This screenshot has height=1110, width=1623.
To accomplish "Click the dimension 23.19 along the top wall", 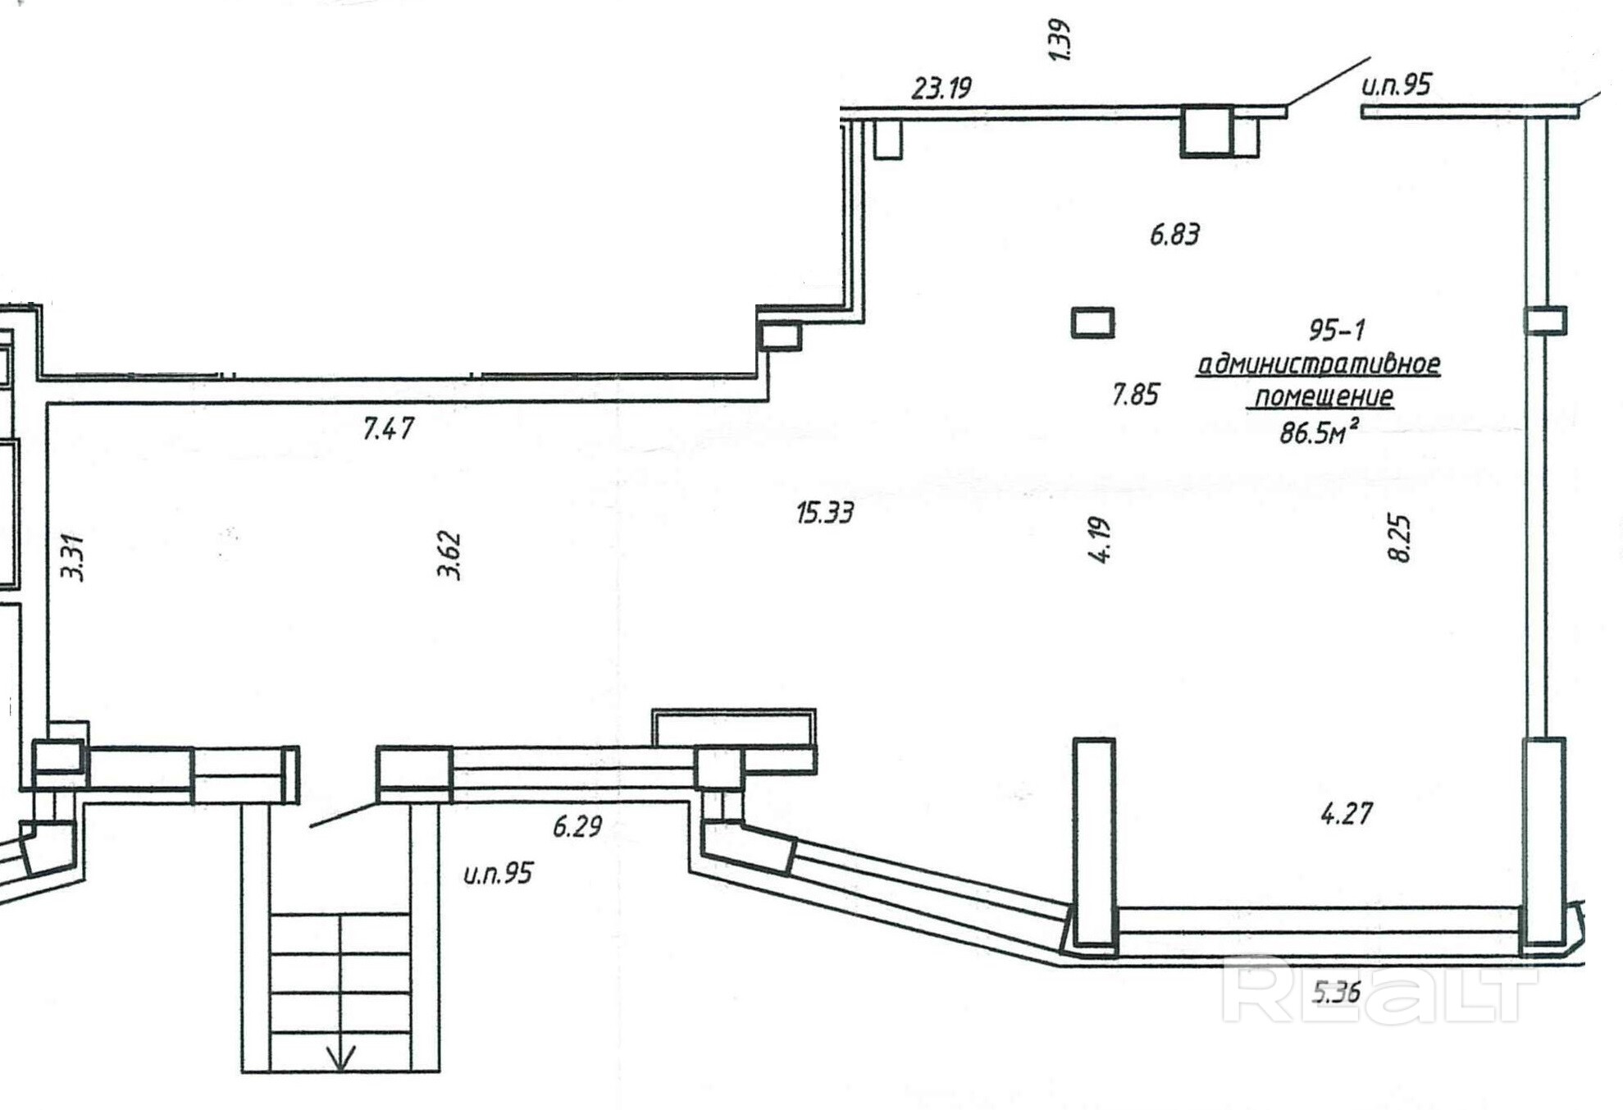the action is pos(941,88).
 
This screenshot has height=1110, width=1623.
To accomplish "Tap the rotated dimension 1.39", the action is pos(1060,40).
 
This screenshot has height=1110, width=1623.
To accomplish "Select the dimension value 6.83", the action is pos(1174,235).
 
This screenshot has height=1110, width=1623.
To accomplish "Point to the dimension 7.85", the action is pos(1135,395).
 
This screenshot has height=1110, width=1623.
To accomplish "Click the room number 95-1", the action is pos(1337,331).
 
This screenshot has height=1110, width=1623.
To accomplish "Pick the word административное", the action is pos(1318,363).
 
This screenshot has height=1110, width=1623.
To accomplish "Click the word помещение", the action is pos(1324,397).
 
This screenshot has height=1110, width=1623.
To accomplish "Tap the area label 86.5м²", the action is pos(1318,432).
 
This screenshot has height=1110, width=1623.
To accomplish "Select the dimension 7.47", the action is pos(388,429).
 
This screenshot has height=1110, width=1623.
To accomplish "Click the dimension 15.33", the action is pos(824,514).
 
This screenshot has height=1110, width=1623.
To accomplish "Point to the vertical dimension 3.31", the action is pos(74,558).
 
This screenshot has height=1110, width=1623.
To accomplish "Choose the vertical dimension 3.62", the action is pos(449,557).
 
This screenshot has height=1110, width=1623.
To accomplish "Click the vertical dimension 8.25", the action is pos(1399,538).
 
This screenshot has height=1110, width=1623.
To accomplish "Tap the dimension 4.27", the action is pos(1346,814).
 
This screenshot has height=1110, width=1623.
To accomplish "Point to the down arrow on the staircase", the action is pos(340,1057).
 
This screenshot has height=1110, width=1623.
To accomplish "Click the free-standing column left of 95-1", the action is pos(1092,322).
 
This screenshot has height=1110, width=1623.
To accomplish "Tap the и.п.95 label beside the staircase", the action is pos(498,874).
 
